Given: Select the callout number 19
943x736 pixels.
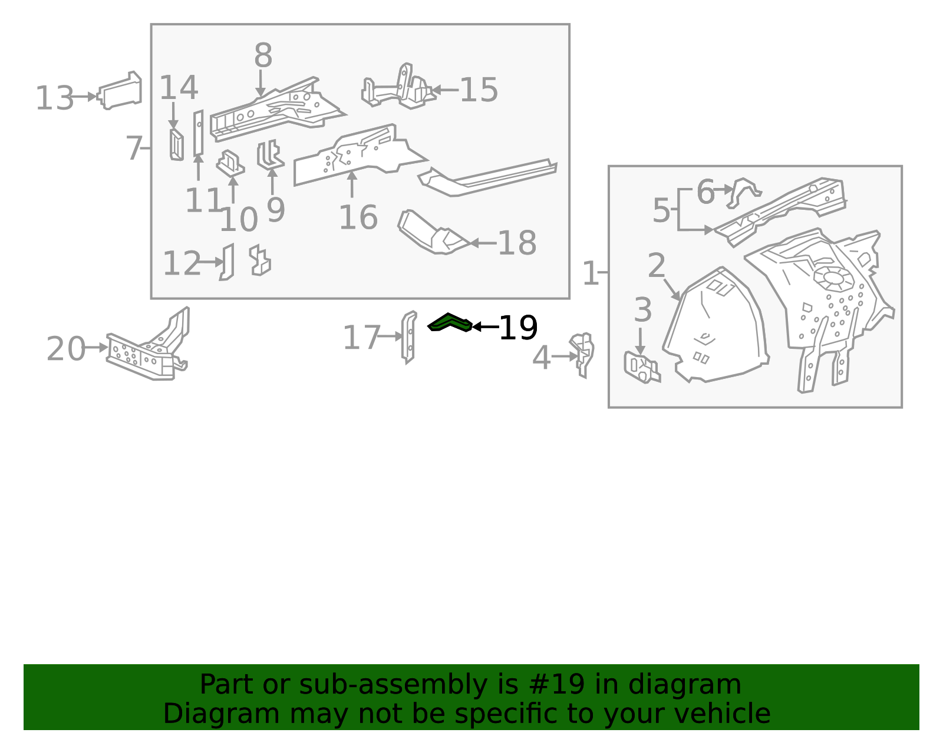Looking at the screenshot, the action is (x=519, y=328).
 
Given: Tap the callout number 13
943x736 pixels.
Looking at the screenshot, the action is (x=54, y=98).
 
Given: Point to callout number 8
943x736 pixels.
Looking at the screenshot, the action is (x=263, y=55).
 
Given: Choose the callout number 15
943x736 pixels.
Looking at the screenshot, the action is (x=479, y=90).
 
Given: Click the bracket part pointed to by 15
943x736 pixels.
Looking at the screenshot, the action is (x=398, y=87).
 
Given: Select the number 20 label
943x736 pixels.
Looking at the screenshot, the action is (x=66, y=348).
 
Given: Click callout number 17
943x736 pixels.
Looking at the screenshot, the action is (x=361, y=338).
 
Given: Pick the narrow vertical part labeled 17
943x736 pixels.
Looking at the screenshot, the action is (x=408, y=337).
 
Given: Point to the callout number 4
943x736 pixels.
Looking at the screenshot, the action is (x=541, y=358).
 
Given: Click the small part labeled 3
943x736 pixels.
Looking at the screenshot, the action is (x=642, y=367).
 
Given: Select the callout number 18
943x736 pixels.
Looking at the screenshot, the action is (x=517, y=242).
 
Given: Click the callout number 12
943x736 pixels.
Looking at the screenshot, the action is (x=182, y=263).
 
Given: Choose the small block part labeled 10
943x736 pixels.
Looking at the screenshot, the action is (x=230, y=163).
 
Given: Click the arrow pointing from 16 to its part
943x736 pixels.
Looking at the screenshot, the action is (x=352, y=184).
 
